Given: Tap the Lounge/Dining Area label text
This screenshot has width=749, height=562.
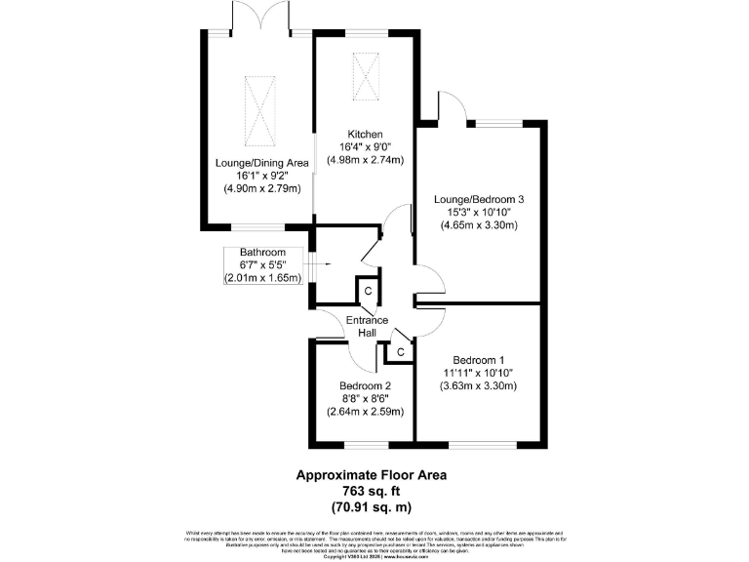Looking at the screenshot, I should coord(262,162).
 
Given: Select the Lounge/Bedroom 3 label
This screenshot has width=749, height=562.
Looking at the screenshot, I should coord(475,199).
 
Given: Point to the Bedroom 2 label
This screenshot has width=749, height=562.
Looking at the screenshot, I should coord(365,384).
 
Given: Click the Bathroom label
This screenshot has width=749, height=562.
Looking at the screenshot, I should coord(262,252).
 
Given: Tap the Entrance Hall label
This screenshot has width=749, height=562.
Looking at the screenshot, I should coord(367,326).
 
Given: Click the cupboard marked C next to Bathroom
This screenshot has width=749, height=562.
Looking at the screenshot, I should coord(368,291).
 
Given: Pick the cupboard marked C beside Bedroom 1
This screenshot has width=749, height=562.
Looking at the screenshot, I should coord(401,350).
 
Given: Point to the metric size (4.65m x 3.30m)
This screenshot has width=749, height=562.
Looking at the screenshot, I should coord(475,225).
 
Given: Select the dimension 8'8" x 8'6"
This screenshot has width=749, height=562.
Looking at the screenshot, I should coord(365,398).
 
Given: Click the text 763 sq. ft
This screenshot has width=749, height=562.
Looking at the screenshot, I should coord(374,492).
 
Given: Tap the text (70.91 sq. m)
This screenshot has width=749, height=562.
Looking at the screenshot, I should coord(374,507).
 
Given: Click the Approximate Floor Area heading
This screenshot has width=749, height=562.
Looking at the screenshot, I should coord(374,476).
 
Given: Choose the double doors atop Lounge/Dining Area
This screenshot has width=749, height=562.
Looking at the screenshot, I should coord(261,18).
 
